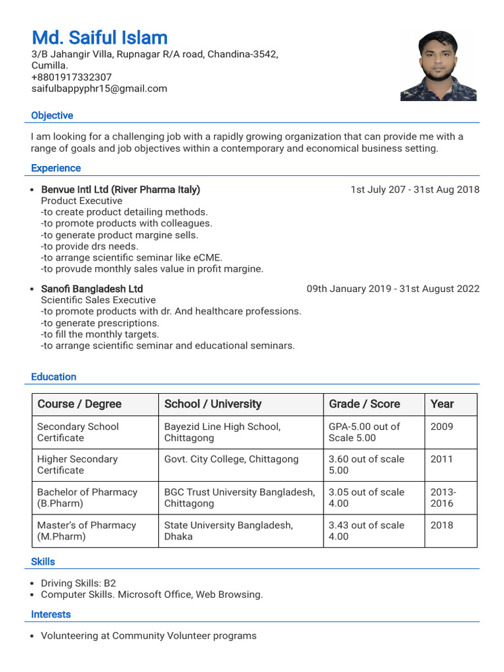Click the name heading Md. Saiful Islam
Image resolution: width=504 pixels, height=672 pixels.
[x=100, y=37]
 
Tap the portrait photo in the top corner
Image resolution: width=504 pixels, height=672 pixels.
[x=438, y=66]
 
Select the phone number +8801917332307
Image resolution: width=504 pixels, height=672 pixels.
[x=72, y=77]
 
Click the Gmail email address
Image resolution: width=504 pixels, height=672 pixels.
[x=99, y=89]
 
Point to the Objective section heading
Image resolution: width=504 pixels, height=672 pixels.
[x=52, y=115]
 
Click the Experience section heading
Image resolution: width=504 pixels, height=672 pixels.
[x=56, y=168]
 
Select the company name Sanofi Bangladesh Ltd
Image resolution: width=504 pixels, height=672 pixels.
[x=92, y=289]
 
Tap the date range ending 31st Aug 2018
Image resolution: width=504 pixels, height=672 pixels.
[x=415, y=190]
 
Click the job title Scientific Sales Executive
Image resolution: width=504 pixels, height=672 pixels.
[x=98, y=300]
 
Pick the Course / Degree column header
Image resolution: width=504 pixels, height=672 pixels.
[x=79, y=404]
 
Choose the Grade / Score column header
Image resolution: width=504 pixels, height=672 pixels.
[x=364, y=404]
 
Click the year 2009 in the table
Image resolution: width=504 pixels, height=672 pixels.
[x=442, y=427]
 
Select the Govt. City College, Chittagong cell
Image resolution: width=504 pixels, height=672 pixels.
[x=231, y=459]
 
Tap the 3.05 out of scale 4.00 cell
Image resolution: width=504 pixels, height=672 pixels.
[x=366, y=497]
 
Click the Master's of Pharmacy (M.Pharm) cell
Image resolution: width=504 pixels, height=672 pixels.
[x=86, y=530]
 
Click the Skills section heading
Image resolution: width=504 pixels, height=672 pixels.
[x=43, y=562]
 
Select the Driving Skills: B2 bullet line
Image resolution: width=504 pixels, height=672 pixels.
[x=78, y=583]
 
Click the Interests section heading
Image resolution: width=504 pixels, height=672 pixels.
[x=51, y=614]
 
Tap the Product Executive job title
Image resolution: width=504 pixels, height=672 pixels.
[x=81, y=201]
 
